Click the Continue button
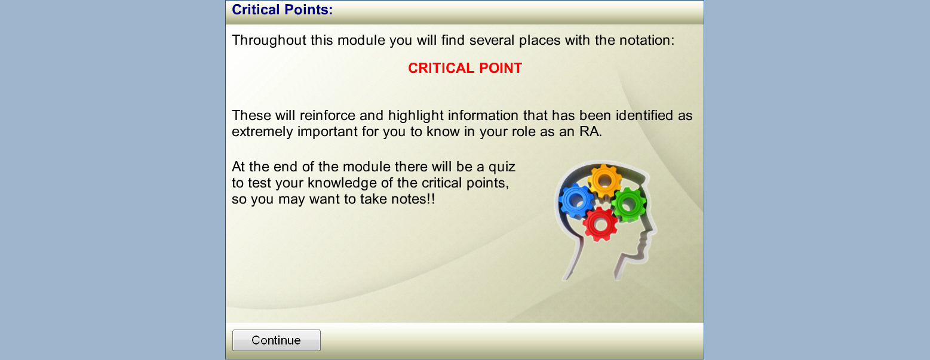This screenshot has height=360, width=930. (x=276, y=340)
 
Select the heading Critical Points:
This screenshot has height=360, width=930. (x=283, y=10)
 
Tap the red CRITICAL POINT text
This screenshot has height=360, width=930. (x=465, y=68)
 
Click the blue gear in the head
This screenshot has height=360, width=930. (x=576, y=201)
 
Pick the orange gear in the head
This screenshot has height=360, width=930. (x=604, y=181)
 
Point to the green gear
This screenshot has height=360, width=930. (x=628, y=204)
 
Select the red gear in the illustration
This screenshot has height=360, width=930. (x=600, y=224)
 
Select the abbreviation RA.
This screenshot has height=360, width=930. (x=591, y=132)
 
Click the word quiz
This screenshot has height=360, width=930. (x=502, y=167)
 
